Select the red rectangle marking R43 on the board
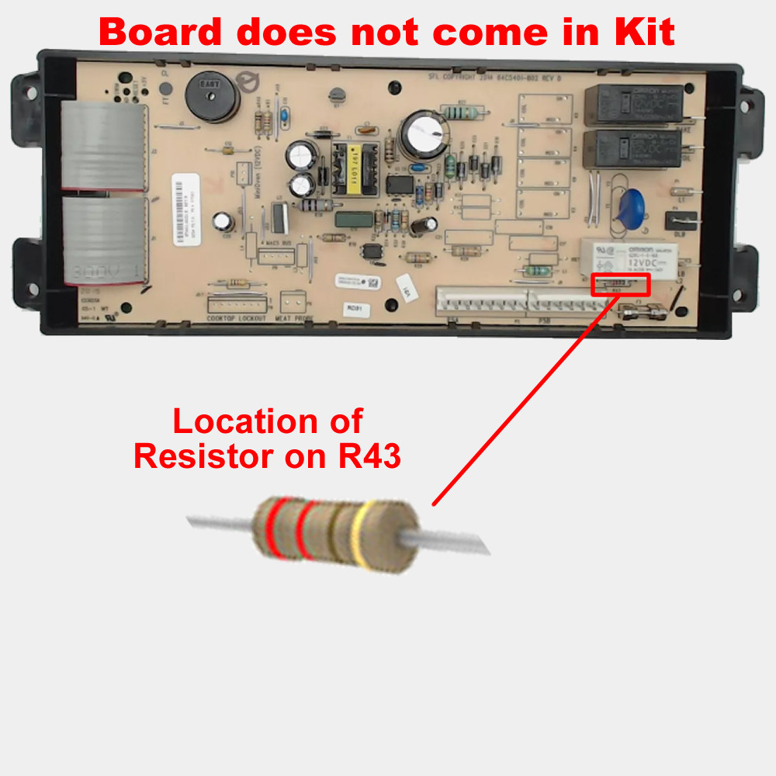click(620, 285)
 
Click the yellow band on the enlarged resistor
click(359, 536)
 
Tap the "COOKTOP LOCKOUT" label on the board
click(237, 319)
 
